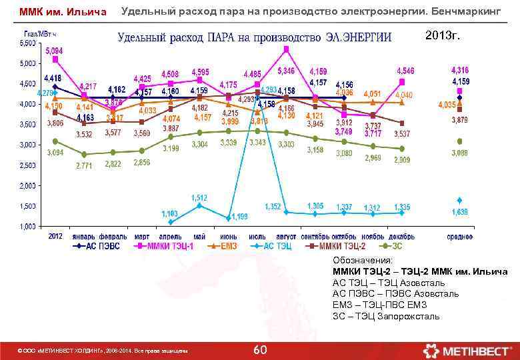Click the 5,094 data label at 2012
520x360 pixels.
tap(55, 51)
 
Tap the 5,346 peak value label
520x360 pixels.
tap(286, 71)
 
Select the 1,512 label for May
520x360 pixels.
tap(199, 197)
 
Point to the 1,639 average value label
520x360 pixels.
tap(459, 212)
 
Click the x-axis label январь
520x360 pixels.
tap(84, 236)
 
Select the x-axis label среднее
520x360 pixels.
tap(459, 236)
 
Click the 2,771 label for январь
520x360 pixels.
tap(84, 165)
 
